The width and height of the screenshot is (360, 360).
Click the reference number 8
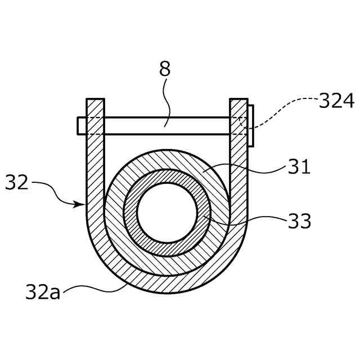click(x=164, y=69)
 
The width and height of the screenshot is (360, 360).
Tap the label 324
click(x=336, y=101)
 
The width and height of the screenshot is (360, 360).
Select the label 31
click(x=299, y=166)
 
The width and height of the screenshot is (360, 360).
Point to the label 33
click(x=299, y=221)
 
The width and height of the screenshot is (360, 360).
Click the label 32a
click(x=43, y=292)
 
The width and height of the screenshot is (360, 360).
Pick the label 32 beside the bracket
click(x=17, y=182)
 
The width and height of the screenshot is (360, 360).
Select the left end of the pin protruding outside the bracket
click(x=82, y=125)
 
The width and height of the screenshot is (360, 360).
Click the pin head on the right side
click(x=250, y=125)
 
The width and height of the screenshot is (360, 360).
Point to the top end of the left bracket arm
click(x=95, y=101)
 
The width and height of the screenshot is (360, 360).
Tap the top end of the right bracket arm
click(x=238, y=101)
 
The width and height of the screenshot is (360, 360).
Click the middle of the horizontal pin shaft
click(x=167, y=125)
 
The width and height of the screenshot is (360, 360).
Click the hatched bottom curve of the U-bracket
click(x=167, y=284)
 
